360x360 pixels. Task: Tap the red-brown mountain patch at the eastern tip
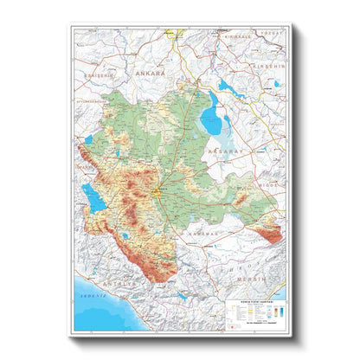(x=271, y=232)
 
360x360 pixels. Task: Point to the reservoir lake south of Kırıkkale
(x=228, y=86)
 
